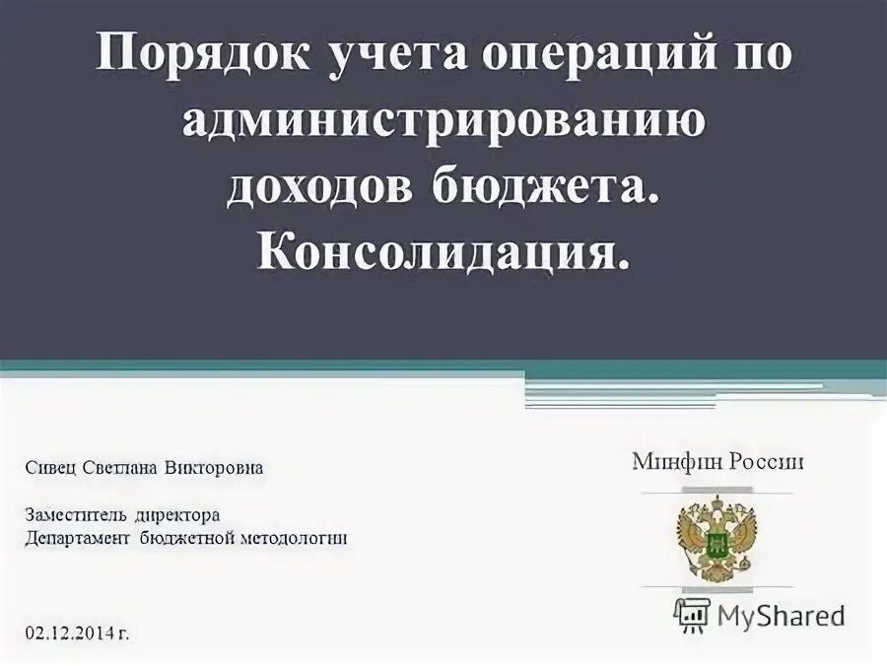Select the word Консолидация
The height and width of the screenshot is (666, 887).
(443, 252)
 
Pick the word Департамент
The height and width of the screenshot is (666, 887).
(76, 539)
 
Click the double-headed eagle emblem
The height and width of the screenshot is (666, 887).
(716, 540)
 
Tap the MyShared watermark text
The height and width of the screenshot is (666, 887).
(782, 616)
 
